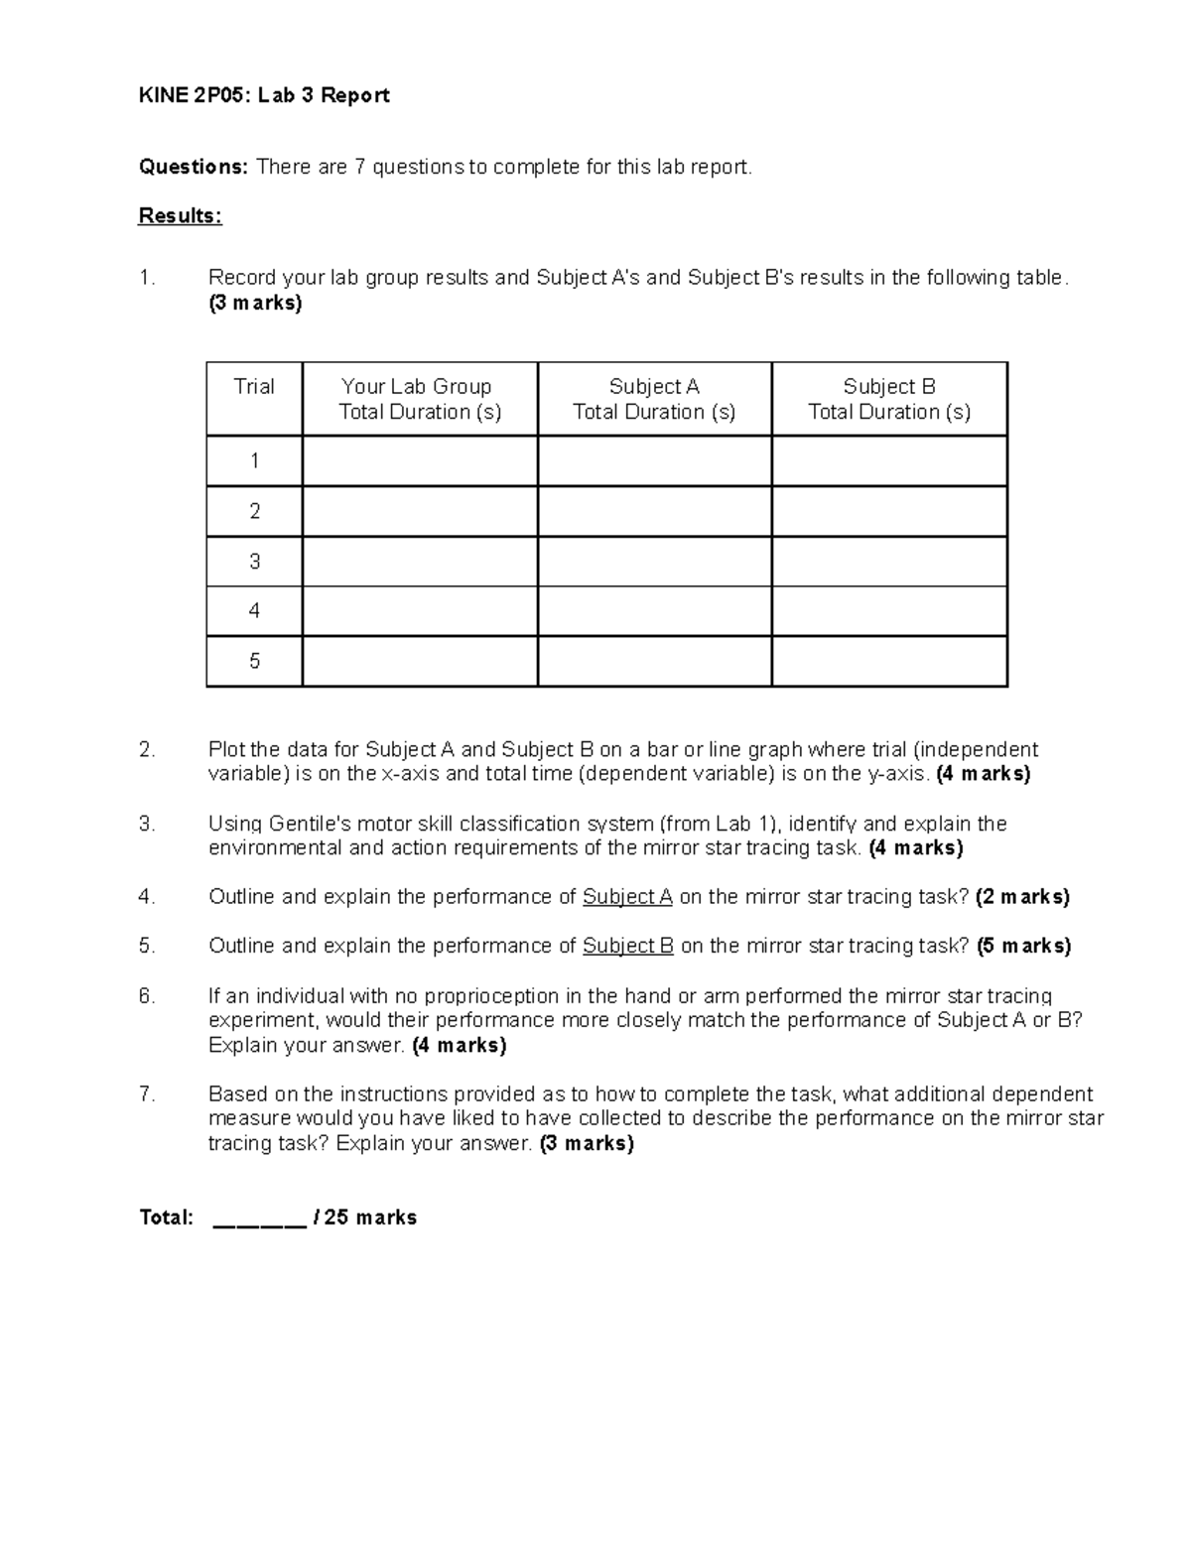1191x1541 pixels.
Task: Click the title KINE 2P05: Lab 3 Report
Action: click(264, 95)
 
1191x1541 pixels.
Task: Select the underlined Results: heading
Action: click(180, 216)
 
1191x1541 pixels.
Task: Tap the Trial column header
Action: click(254, 387)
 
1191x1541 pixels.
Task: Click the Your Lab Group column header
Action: click(420, 399)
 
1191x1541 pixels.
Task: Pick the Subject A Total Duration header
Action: click(654, 399)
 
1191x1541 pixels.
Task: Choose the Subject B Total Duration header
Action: click(889, 399)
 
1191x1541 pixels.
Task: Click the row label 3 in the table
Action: click(254, 562)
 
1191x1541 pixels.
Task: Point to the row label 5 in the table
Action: click(254, 661)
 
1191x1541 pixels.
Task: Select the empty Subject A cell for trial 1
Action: click(654, 461)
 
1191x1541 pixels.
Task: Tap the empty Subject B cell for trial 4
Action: click(889, 611)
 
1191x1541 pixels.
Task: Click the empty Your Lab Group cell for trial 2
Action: click(420, 511)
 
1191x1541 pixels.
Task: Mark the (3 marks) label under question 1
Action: click(255, 304)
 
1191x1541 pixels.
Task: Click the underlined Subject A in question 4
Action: click(627, 897)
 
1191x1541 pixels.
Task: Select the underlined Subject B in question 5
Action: click(627, 947)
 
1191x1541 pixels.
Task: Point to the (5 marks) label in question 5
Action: click(1023, 947)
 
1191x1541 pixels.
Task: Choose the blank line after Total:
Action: click(259, 1219)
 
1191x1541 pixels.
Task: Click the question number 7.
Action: click(147, 1094)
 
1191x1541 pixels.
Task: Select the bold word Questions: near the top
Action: click(194, 167)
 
